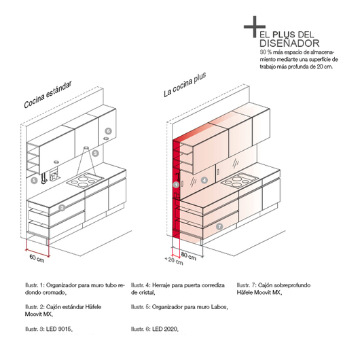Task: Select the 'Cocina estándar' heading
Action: click(x=48, y=94)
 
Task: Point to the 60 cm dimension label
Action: click(x=37, y=259)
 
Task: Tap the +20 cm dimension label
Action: click(x=175, y=260)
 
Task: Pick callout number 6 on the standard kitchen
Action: click(x=108, y=130)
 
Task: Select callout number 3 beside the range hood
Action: click(x=96, y=154)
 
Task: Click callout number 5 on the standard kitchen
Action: click(x=34, y=181)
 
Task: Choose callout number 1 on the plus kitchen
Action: click(x=176, y=184)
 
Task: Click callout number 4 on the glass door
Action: click(x=204, y=181)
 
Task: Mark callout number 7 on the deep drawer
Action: click(x=219, y=227)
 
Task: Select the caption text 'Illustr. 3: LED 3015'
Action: click(x=46, y=328)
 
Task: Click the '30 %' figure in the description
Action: click(x=266, y=52)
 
